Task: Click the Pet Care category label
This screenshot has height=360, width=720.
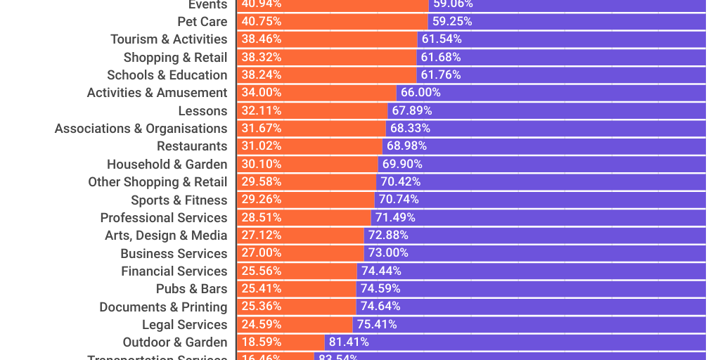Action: [x=202, y=22]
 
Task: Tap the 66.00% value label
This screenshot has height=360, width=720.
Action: [x=420, y=93]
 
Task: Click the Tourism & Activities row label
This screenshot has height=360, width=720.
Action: [x=169, y=39]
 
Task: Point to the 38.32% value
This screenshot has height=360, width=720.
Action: [x=262, y=57]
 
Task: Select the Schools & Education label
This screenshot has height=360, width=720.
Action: [x=167, y=75]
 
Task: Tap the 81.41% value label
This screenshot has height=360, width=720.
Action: [x=349, y=342]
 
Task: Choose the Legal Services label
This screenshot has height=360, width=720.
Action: [x=184, y=325]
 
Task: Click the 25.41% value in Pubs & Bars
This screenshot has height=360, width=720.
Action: [x=262, y=289]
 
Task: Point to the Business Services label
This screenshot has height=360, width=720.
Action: [x=174, y=254]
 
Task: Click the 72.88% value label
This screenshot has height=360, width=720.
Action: [x=388, y=236]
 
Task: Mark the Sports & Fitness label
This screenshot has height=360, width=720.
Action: [x=179, y=200]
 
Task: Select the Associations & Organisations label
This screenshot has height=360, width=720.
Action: [x=141, y=129]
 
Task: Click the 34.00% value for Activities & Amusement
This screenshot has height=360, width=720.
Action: [x=262, y=93]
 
